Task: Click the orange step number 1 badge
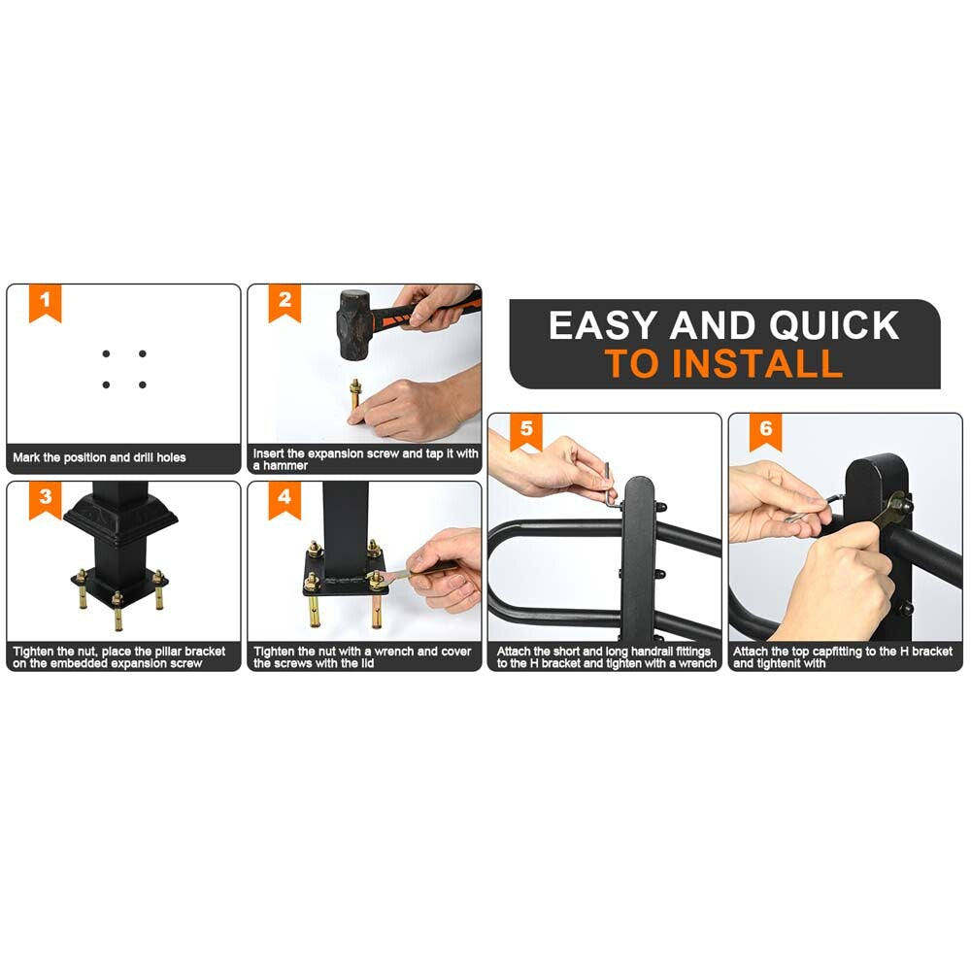46,303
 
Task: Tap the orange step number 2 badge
285,303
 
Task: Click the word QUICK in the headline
834,325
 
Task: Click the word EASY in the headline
603,325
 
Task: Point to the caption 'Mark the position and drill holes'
99,457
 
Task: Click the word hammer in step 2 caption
285,466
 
